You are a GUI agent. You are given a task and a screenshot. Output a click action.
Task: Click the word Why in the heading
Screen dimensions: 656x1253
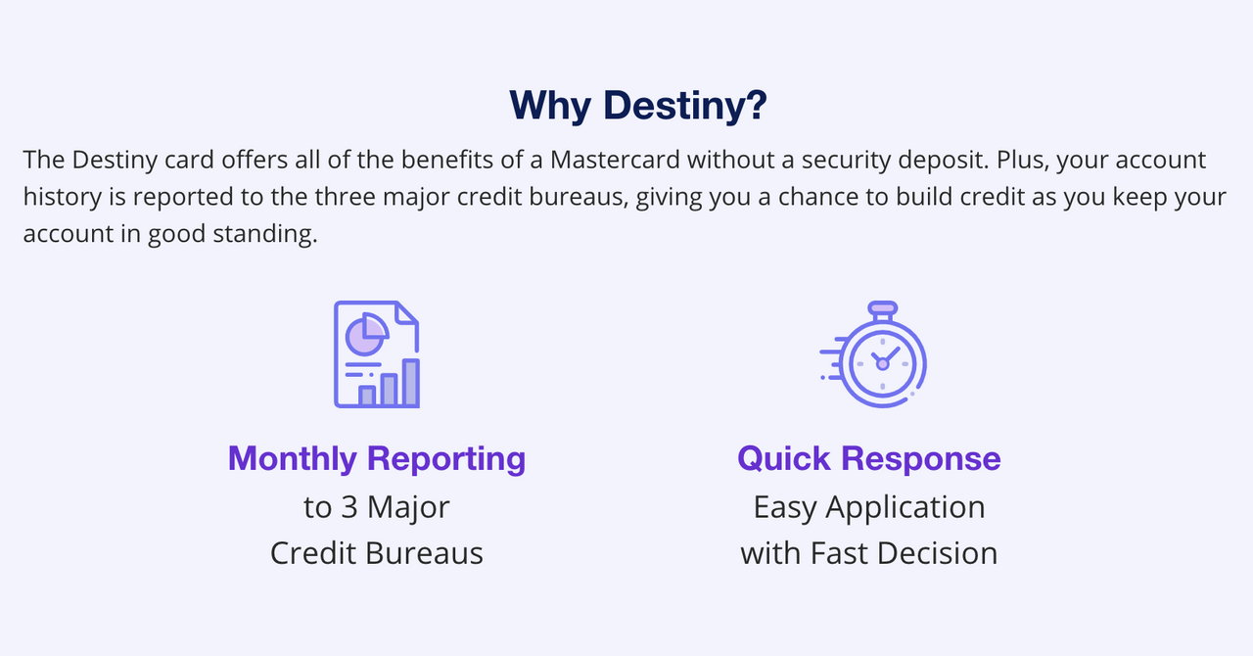pos(550,106)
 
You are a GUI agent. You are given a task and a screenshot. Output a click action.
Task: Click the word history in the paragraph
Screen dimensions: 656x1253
pos(62,197)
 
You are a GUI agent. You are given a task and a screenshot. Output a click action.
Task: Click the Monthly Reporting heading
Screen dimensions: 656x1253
pos(377,458)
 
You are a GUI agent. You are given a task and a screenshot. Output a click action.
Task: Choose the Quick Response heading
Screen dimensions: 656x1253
pos(869,458)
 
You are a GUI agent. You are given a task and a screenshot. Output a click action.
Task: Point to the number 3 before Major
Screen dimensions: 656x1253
pos(349,507)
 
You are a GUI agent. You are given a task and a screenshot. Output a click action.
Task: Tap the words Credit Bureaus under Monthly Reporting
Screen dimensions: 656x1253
pos(377,553)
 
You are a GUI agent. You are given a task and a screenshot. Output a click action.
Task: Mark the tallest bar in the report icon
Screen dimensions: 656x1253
pos(411,383)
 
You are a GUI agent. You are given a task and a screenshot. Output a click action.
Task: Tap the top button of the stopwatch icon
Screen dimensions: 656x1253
pos(883,307)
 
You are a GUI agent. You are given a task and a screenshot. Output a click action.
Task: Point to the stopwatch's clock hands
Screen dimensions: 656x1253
pos(883,360)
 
